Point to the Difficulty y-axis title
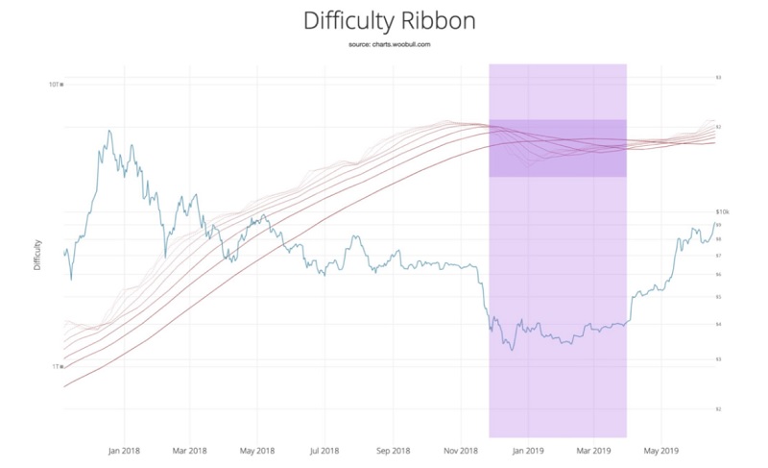tap(37, 254)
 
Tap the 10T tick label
tap(55, 85)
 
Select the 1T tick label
tap(57, 366)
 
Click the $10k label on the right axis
tap(723, 211)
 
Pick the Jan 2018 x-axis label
tap(125, 449)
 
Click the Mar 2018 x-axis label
tap(190, 449)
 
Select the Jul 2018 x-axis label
tap(324, 449)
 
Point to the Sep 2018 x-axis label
tap(394, 449)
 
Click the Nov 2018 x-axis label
tap(461, 449)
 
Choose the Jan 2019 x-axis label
tap(529, 449)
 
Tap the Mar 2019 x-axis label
tap(594, 449)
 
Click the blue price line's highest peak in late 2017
tap(109, 131)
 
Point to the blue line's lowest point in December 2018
tap(512, 350)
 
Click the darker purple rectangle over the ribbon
tap(558, 148)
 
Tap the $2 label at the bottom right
tap(718, 409)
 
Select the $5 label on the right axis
tap(718, 297)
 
